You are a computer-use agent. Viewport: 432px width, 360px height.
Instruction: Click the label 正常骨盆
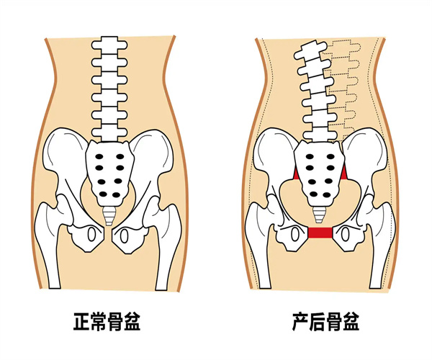tap(107, 321)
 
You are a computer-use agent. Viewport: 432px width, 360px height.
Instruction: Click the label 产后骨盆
tap(325, 321)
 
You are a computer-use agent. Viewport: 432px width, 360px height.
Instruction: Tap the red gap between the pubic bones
tap(320, 233)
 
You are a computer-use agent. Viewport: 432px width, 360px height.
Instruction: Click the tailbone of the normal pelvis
tap(109, 216)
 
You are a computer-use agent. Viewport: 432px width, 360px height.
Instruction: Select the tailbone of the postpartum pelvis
tap(320, 215)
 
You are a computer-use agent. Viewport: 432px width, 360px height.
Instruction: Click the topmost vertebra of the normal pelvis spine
tap(109, 45)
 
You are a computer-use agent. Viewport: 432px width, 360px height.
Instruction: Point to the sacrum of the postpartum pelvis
tap(320, 173)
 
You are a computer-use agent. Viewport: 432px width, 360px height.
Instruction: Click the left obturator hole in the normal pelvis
tap(91, 235)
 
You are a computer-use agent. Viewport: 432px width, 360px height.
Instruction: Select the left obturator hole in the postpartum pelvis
tap(294, 235)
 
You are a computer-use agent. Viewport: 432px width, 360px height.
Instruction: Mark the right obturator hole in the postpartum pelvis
tap(345, 235)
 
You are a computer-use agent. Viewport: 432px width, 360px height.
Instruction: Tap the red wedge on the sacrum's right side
tap(344, 172)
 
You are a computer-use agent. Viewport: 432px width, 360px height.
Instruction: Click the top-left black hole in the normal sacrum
tap(99, 157)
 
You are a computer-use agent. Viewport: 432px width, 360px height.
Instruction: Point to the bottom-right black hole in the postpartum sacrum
tap(327, 194)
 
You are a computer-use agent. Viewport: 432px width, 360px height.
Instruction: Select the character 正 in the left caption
tap(82, 321)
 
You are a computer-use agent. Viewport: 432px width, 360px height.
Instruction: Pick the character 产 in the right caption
tap(300, 321)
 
